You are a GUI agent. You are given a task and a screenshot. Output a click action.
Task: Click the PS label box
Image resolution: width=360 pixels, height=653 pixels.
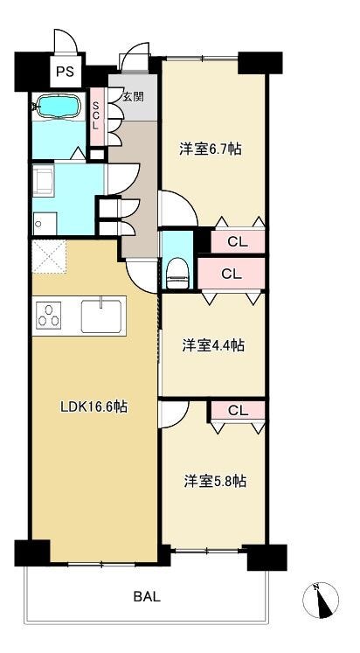(x=66, y=71)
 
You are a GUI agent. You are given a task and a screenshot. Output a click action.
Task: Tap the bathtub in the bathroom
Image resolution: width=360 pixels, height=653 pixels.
(x=59, y=106)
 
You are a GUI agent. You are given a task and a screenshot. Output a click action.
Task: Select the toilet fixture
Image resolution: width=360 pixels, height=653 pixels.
(x=177, y=273)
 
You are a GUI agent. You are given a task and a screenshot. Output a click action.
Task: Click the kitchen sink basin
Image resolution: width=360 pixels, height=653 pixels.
(x=101, y=316)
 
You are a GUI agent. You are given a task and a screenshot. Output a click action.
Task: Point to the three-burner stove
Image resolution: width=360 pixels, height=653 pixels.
(x=48, y=316)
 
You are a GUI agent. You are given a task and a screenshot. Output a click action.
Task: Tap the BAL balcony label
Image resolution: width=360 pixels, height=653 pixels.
(x=147, y=597)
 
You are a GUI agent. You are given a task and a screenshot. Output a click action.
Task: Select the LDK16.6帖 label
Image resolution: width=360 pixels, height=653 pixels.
(x=94, y=406)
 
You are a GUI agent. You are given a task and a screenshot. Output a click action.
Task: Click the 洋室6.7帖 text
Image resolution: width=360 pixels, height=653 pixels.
(x=211, y=149)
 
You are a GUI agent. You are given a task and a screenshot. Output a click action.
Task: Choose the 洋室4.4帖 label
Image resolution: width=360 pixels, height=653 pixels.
(x=213, y=344)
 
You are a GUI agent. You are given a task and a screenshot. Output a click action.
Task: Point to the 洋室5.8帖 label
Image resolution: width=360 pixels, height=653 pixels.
(x=215, y=481)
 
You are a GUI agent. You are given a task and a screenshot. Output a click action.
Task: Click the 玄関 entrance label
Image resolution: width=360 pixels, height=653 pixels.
(x=133, y=97)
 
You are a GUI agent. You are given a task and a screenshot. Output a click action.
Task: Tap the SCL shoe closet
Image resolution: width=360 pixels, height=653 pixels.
(x=96, y=116)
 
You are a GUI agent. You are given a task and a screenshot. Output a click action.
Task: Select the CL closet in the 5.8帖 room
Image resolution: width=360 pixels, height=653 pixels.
(x=239, y=411)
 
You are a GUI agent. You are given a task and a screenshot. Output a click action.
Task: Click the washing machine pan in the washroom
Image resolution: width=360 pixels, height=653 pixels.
(x=44, y=180)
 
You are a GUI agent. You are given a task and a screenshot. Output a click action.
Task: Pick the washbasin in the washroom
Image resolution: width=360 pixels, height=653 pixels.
(x=45, y=224)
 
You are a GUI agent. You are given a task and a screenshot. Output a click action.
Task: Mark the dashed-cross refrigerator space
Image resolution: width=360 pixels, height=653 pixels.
(x=49, y=256)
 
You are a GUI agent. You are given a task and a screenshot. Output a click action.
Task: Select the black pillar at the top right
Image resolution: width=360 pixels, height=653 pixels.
(x=260, y=63)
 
